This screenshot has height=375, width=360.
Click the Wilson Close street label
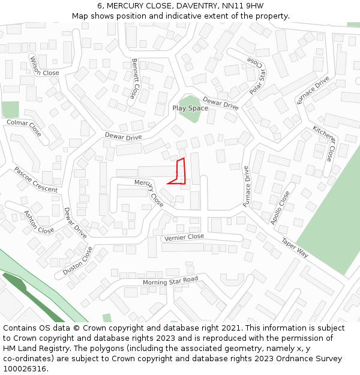click(44, 65)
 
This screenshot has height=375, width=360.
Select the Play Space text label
click(190, 108)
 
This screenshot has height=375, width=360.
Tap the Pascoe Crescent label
click(36, 179)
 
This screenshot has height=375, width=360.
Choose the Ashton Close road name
click(38, 221)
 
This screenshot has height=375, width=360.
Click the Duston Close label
click(78, 262)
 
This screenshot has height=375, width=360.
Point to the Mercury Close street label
click(149, 192)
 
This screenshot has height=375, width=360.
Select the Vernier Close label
click(184, 238)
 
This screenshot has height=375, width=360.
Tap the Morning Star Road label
click(170, 281)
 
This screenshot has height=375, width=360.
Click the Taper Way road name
click(295, 247)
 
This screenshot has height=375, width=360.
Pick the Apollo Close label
click(280, 208)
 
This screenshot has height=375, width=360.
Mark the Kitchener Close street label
click(324, 143)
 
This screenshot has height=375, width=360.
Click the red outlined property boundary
click(178, 172)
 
